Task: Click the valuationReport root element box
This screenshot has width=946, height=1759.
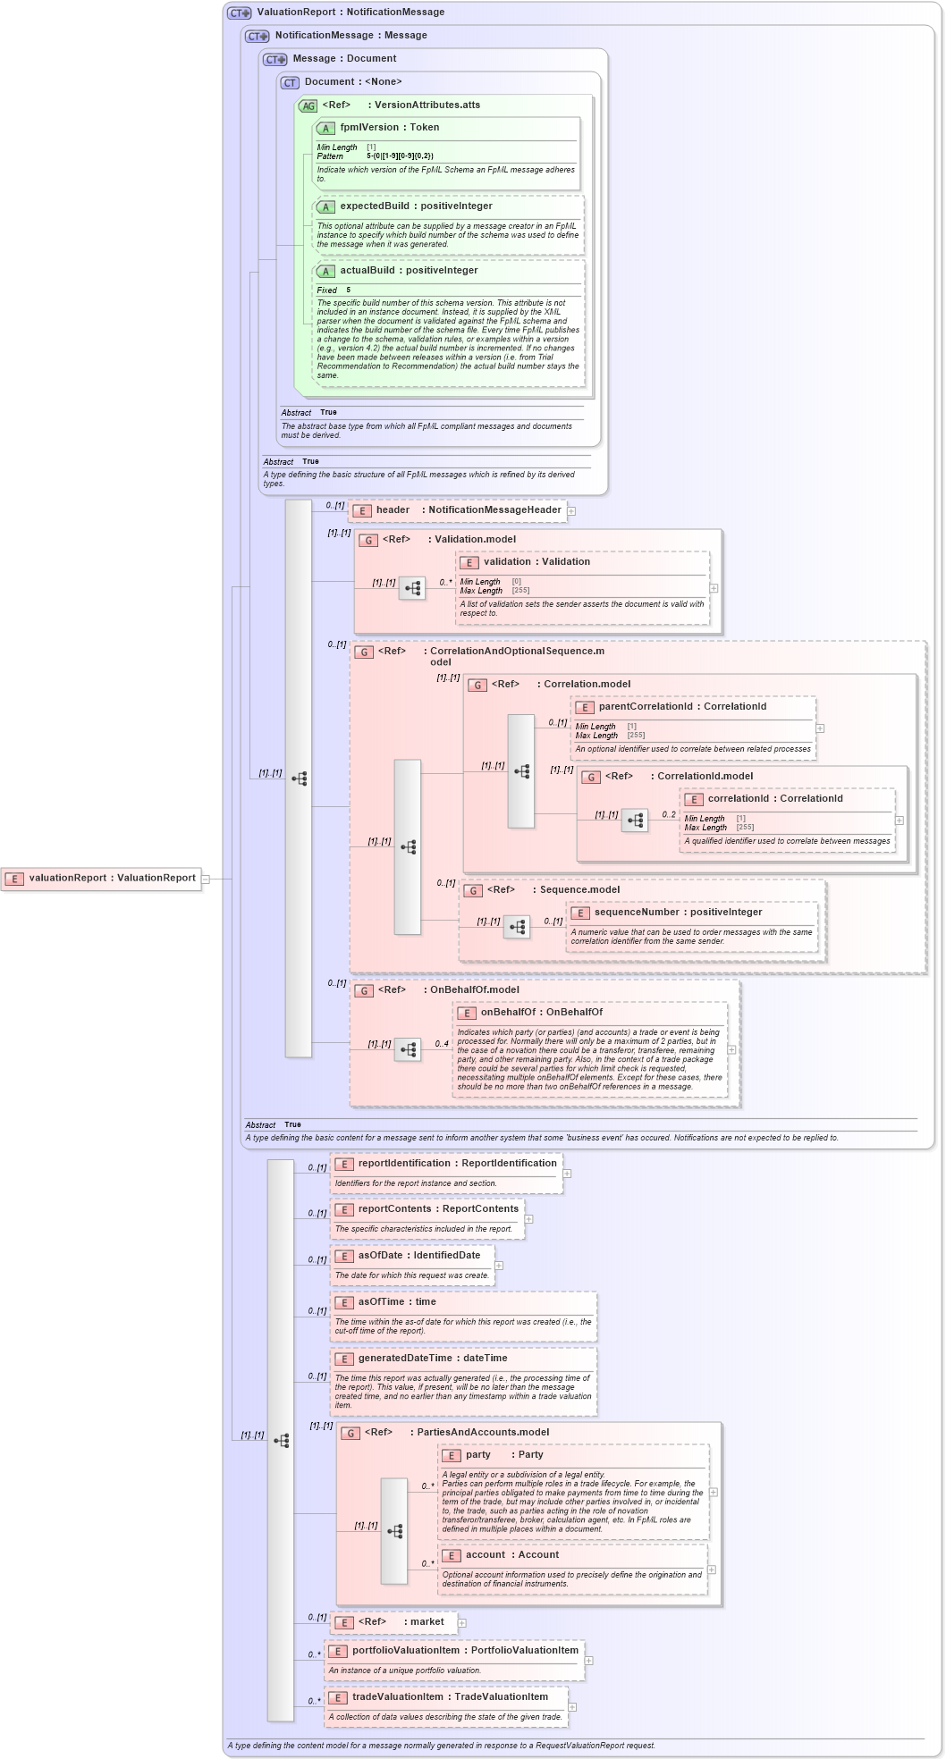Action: point(100,879)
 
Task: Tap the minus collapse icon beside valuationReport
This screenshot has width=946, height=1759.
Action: point(206,879)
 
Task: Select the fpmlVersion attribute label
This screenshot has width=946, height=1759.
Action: point(389,128)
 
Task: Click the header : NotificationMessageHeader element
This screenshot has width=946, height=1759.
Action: point(458,510)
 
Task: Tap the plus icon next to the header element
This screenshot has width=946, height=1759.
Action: point(571,511)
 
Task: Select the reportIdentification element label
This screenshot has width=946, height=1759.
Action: point(456,1164)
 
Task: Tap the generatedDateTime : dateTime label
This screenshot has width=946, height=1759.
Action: point(432,1359)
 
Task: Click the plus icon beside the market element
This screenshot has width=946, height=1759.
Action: point(462,1622)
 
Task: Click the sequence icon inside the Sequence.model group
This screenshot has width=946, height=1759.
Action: point(517,927)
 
